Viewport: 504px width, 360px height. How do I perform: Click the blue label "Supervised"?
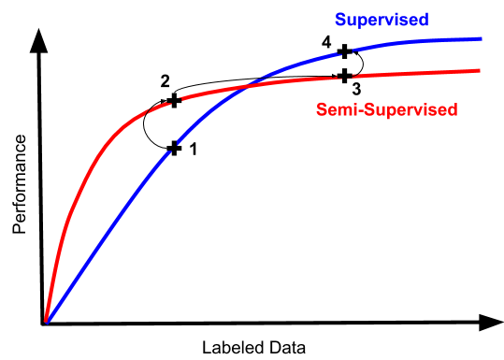[x=382, y=20]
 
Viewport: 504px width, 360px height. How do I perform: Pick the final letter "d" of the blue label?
[x=424, y=20]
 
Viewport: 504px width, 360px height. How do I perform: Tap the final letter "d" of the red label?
[x=453, y=109]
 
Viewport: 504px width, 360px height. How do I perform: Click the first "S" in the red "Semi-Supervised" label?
[x=321, y=109]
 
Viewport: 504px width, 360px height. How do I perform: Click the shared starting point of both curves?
[x=46, y=321]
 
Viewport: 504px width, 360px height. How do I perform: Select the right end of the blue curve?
[x=481, y=38]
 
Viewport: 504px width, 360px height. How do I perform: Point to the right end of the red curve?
[x=480, y=70]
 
